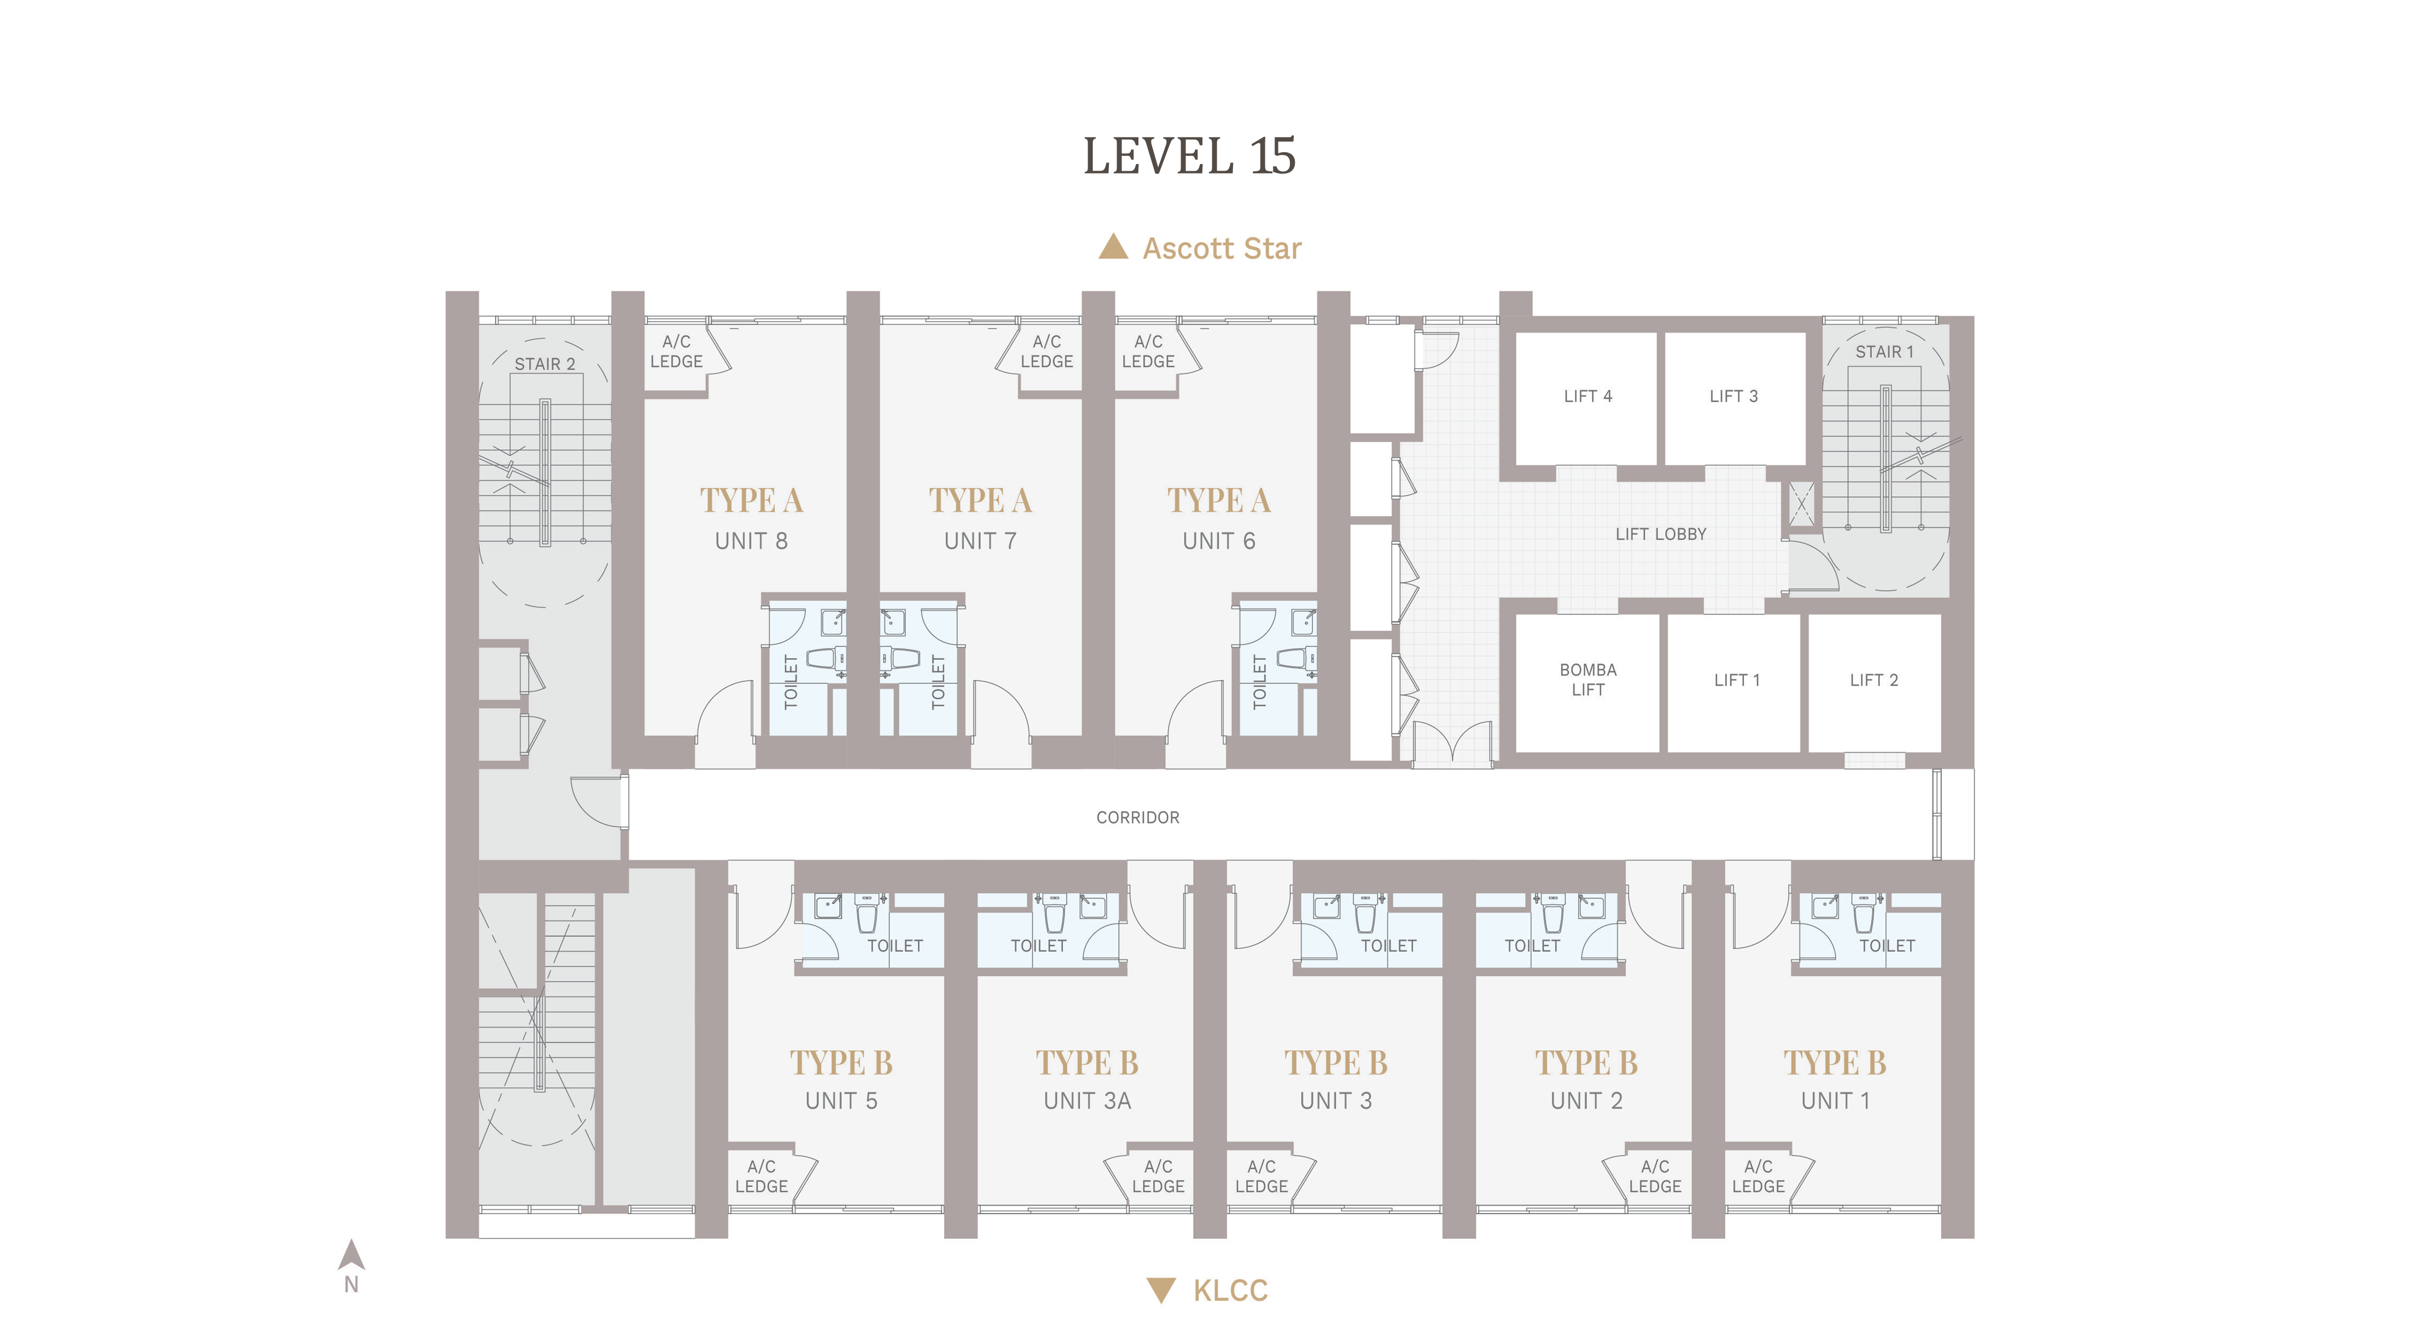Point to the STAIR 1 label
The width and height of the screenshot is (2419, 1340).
pyautogui.click(x=1884, y=352)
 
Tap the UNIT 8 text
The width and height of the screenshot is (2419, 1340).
pyautogui.click(x=751, y=541)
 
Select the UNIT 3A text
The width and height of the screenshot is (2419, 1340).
pyautogui.click(x=1088, y=1100)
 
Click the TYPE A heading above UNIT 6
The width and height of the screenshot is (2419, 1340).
pyautogui.click(x=1219, y=501)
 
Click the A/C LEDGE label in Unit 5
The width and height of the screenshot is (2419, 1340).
pyautogui.click(x=761, y=1176)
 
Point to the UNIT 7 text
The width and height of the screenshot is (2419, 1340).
pyautogui.click(x=980, y=541)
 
